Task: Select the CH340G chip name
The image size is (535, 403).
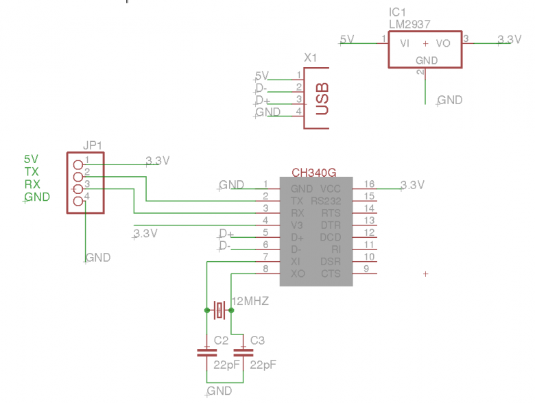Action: [x=314, y=172]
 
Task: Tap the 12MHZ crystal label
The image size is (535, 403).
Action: [x=251, y=301]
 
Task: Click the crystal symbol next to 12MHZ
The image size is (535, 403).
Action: [x=219, y=310]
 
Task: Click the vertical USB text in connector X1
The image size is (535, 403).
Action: [x=321, y=98]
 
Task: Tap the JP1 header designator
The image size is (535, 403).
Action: [x=92, y=145]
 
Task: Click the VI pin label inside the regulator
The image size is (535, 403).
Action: [x=405, y=42]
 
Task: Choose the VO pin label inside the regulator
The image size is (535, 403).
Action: [x=443, y=42]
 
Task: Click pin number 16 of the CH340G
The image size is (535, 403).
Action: [x=370, y=184]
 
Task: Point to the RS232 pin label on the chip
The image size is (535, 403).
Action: [x=326, y=201]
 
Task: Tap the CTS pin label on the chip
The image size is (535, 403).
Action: [x=331, y=273]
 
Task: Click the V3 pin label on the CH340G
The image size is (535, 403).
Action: [x=297, y=225]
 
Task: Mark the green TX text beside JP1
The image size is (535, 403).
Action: [x=32, y=172]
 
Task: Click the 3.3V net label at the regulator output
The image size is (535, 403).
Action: [x=509, y=40]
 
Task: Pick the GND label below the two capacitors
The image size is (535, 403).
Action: [x=219, y=391]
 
